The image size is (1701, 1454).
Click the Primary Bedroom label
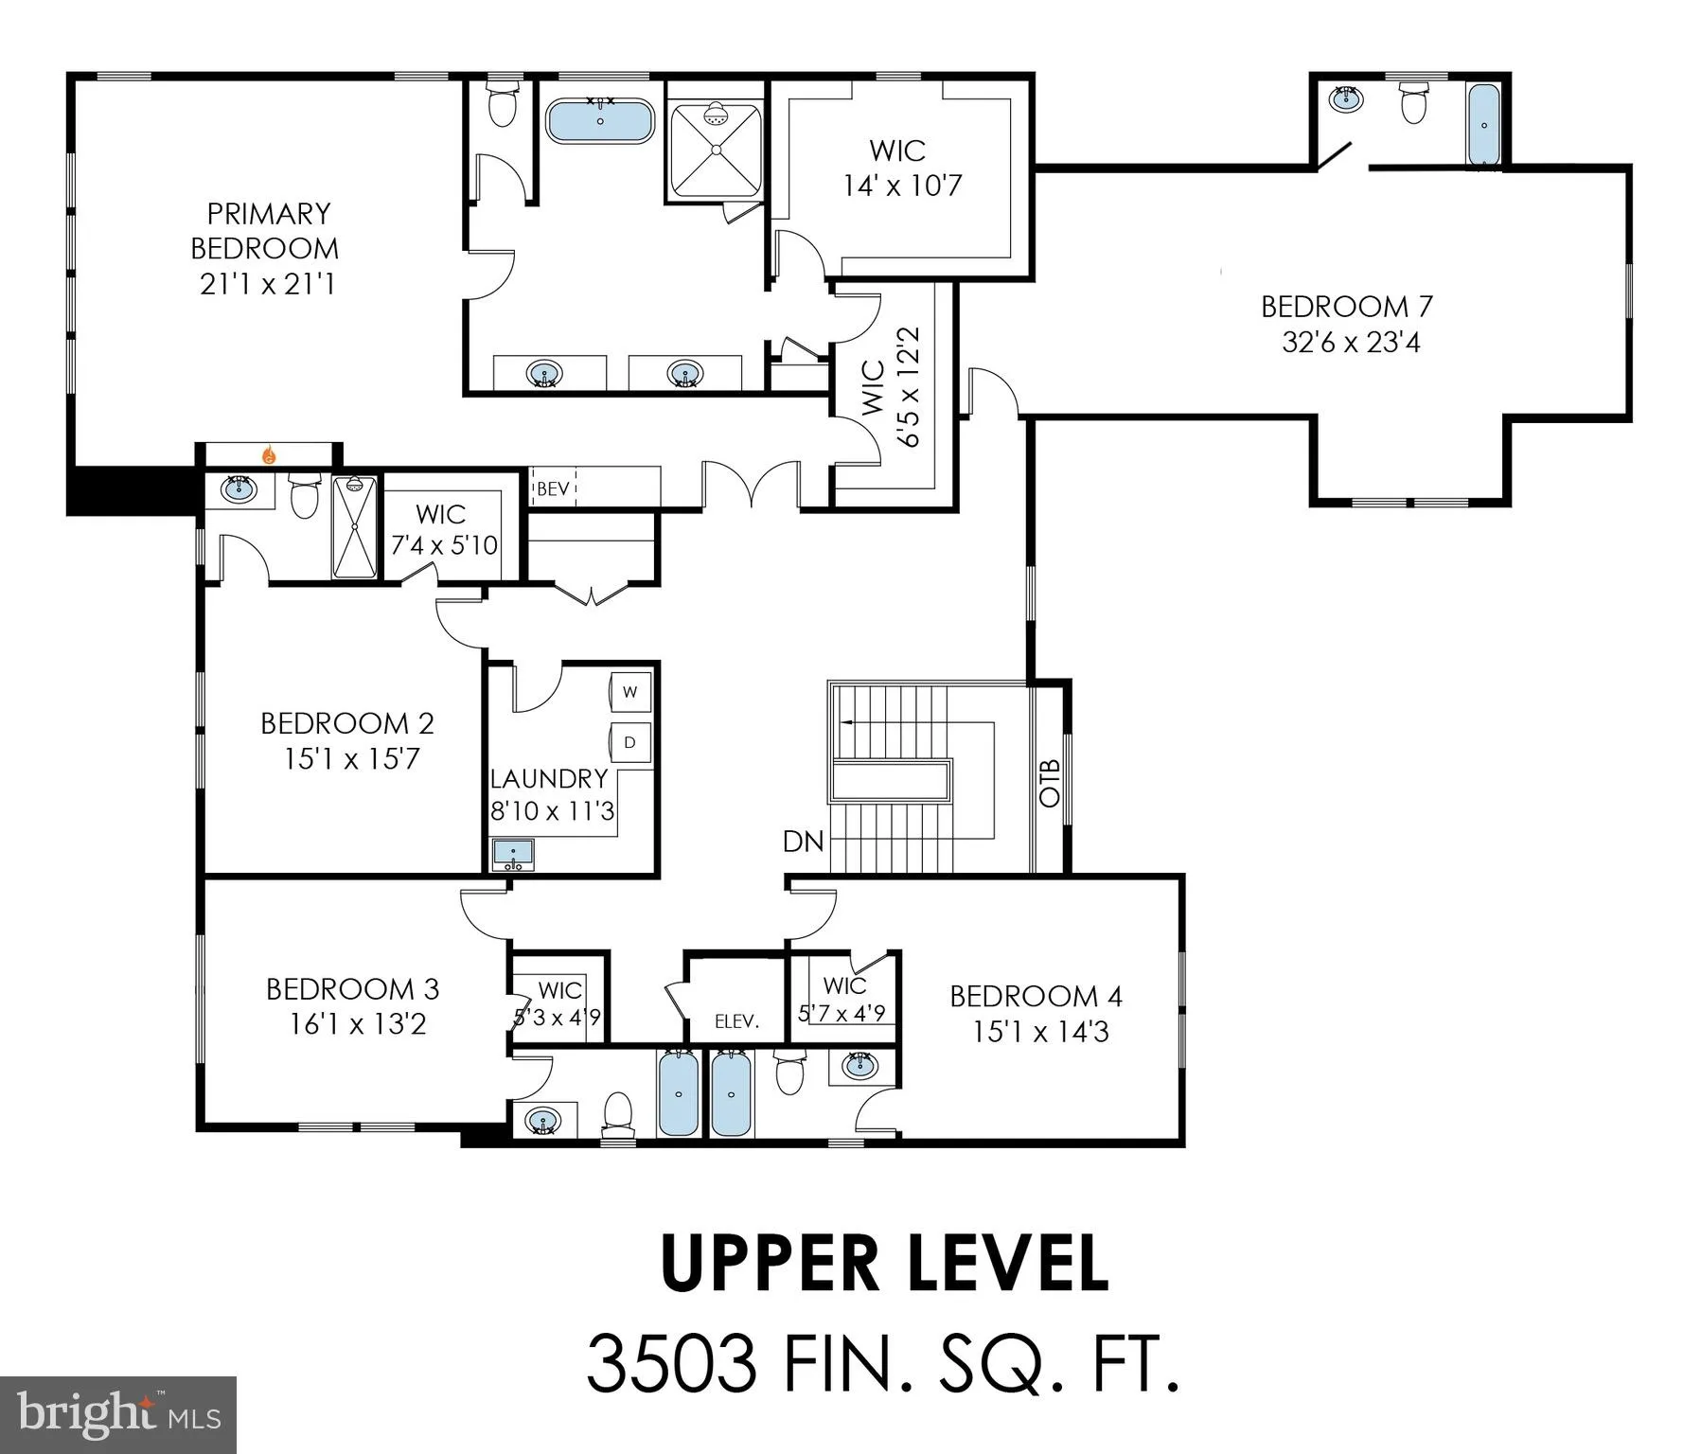point(265,230)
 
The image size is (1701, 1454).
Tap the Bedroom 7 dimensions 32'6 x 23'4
point(1351,342)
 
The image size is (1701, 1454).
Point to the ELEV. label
point(736,1021)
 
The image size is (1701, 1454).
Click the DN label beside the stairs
point(803,841)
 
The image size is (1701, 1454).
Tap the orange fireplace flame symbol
point(270,455)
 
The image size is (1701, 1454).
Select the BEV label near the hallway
point(553,489)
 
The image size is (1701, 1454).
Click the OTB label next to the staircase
point(1050,782)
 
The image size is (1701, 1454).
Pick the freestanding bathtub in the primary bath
point(600,121)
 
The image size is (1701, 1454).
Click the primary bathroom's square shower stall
point(716,150)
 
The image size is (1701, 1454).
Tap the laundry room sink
point(513,854)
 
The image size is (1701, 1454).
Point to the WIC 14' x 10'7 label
point(902,168)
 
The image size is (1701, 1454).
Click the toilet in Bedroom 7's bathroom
point(1413,103)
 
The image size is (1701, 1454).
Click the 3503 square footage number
point(671,1363)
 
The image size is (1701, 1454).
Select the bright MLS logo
point(118,1414)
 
